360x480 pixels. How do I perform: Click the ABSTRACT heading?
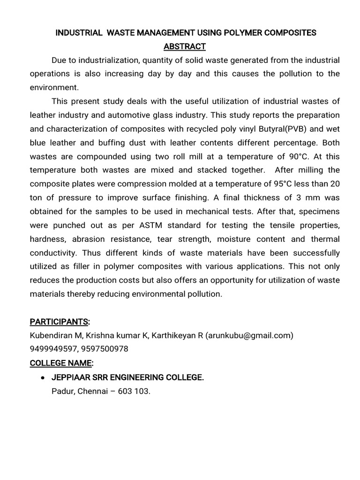(x=184, y=46)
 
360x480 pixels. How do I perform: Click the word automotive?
(x=137, y=115)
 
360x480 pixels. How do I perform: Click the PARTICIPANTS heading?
(x=60, y=322)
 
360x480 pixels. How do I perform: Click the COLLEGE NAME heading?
(x=61, y=363)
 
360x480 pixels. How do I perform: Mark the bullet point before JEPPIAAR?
(x=43, y=378)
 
